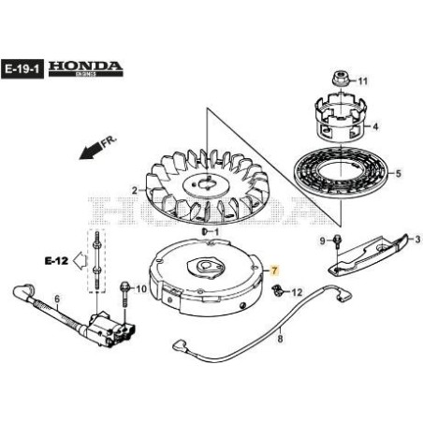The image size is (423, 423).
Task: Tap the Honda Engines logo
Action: click(x=85, y=68)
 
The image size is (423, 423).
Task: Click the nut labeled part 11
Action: click(x=340, y=80)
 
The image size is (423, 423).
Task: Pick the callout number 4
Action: click(x=375, y=125)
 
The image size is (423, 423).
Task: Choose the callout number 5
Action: click(x=398, y=173)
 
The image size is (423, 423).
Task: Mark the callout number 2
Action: click(x=135, y=191)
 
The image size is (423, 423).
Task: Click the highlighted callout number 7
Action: click(x=275, y=270)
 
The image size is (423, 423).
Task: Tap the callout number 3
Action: click(x=408, y=238)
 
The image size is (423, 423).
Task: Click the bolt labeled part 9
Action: click(x=338, y=245)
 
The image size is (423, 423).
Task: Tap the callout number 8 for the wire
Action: click(x=278, y=343)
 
